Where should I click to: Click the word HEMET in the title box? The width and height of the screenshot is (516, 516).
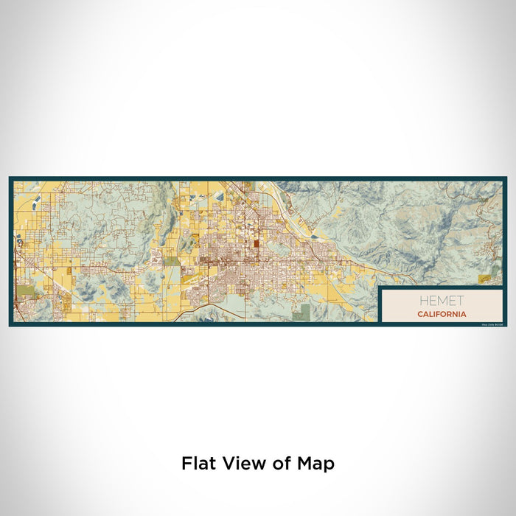442,301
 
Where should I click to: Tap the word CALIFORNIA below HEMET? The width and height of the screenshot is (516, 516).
442,314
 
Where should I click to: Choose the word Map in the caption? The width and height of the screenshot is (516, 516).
315,464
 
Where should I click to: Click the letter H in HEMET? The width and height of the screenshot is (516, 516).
422,301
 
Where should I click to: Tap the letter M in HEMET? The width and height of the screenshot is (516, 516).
442,301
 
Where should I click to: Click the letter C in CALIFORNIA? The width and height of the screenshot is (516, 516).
419,314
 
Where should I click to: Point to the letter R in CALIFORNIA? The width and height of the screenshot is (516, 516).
450,314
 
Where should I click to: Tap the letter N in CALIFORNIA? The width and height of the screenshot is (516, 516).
456,314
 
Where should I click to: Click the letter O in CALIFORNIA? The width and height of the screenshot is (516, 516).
444,314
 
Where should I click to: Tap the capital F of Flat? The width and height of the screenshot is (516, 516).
187,464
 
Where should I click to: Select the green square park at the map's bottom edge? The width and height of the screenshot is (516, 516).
300,315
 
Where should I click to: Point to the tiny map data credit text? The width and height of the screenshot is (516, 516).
493,322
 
